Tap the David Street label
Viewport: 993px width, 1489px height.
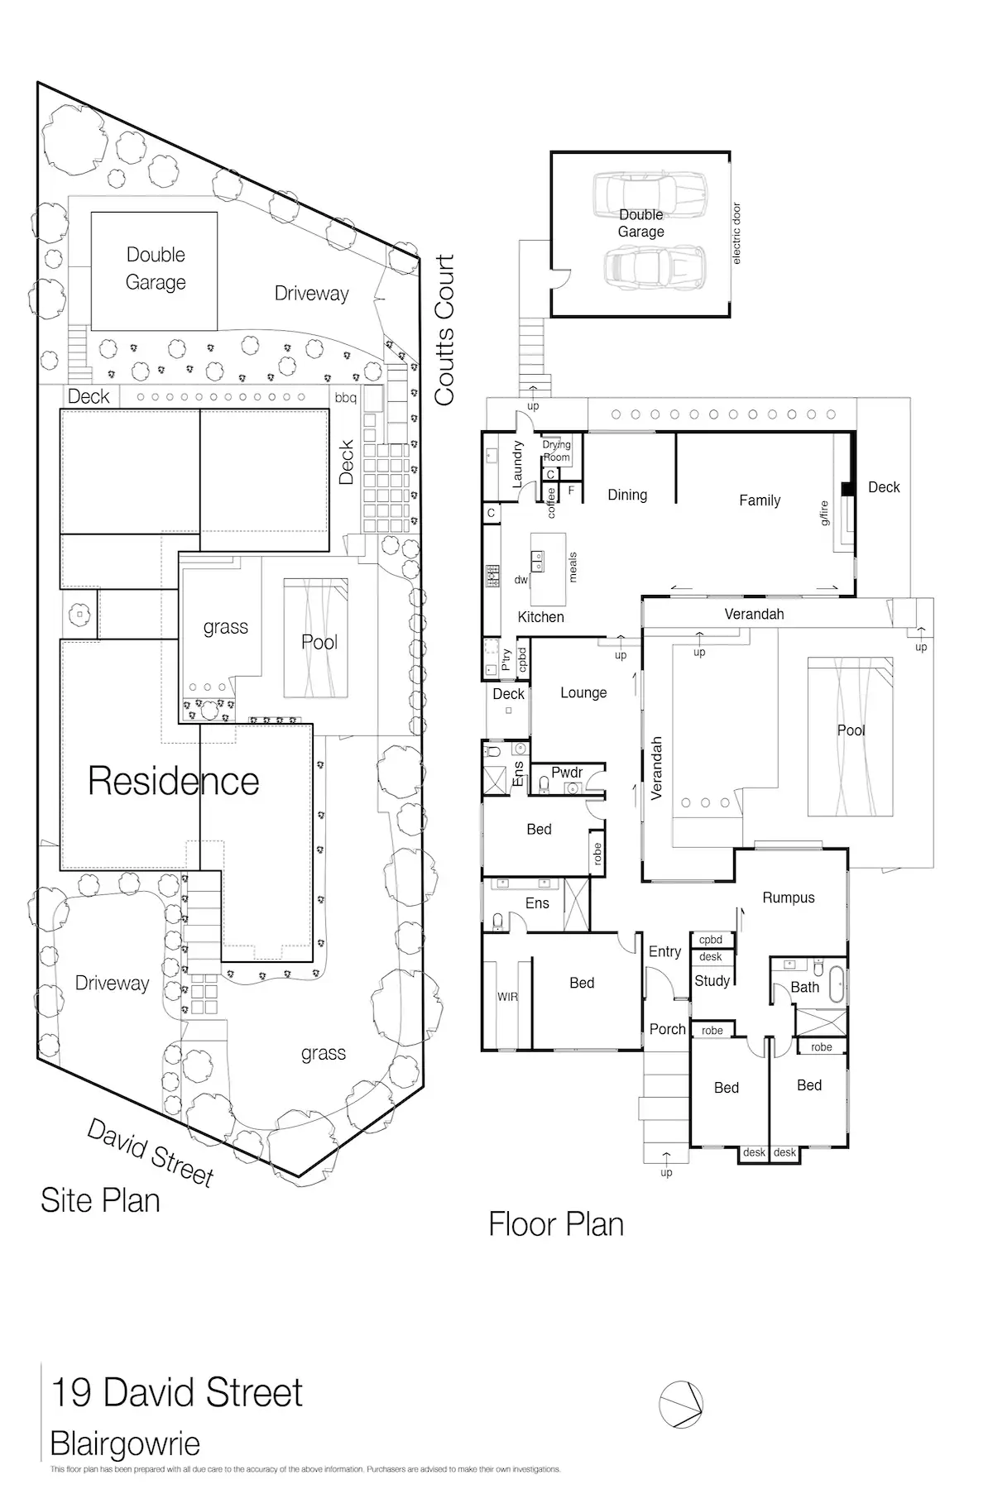[151, 1152]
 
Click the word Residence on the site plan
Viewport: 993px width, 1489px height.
[174, 781]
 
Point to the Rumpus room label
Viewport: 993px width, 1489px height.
[788, 898]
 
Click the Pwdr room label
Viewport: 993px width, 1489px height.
[567, 773]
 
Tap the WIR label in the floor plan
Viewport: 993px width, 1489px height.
[507, 997]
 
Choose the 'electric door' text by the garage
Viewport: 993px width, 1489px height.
[736, 234]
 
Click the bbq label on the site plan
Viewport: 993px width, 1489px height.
[346, 398]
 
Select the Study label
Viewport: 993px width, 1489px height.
[712, 981]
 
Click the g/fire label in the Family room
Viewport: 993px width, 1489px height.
[825, 513]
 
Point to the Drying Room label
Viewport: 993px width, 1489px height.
[556, 451]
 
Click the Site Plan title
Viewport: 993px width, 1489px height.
[100, 1201]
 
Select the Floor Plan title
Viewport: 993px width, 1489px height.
[556, 1224]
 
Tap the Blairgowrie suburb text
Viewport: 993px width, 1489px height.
[125, 1444]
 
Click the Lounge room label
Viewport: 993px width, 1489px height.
[583, 693]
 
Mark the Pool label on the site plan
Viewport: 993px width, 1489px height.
[319, 642]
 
